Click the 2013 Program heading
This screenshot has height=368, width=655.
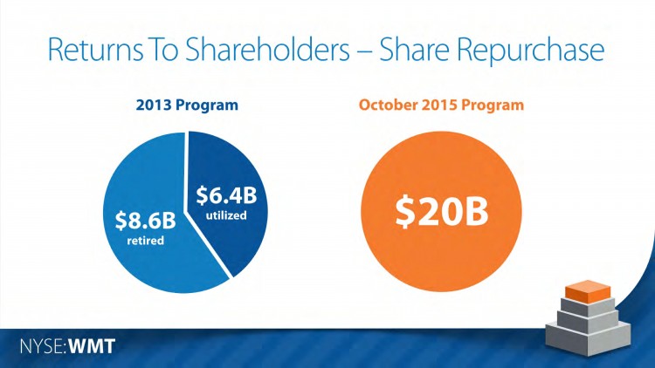coord(188,106)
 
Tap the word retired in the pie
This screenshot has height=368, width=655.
coord(143,240)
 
